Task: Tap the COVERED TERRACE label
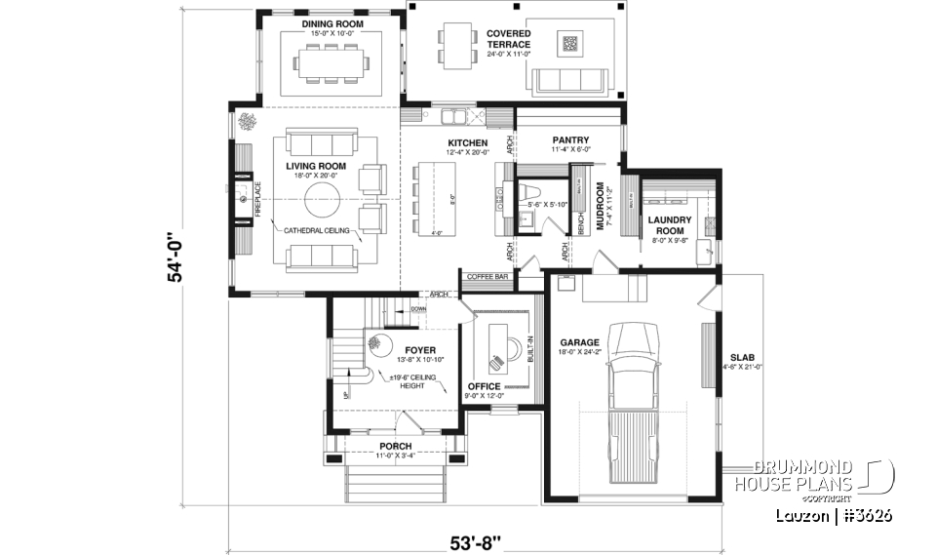click(508, 39)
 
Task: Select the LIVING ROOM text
click(316, 166)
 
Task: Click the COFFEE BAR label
click(487, 277)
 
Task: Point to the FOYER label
click(420, 349)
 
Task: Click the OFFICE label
click(485, 386)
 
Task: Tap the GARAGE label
click(579, 342)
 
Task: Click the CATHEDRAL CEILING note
click(318, 230)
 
